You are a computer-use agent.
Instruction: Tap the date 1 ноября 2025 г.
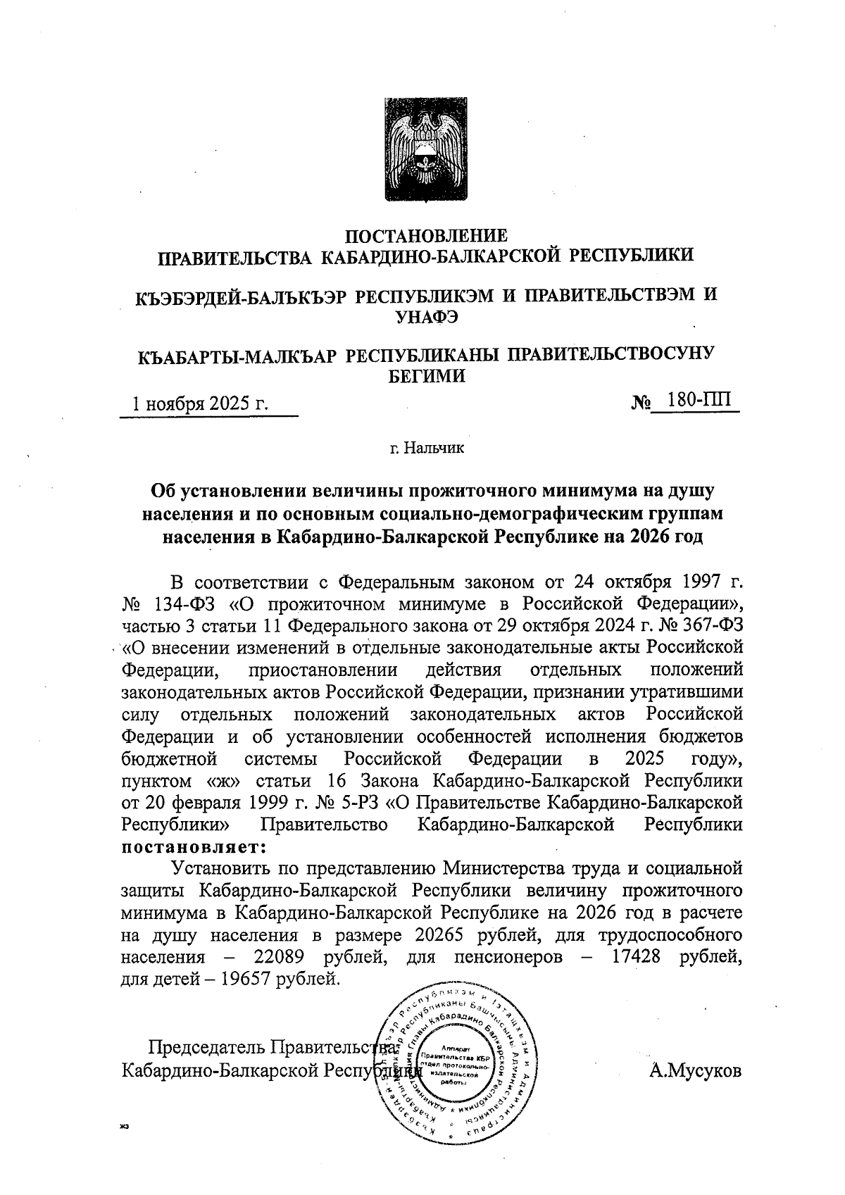coord(202,404)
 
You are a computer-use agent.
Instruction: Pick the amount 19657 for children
coord(254,979)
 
